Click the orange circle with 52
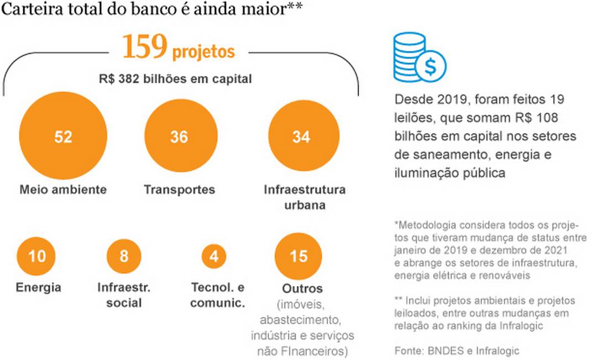(x=63, y=137)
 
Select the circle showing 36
(x=179, y=137)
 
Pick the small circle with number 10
(x=37, y=257)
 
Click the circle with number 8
(x=124, y=257)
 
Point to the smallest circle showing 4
(x=214, y=257)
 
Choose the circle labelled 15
(x=299, y=257)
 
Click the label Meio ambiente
(x=63, y=190)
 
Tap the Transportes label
(x=179, y=190)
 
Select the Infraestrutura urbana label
(x=304, y=197)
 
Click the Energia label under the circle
(x=38, y=288)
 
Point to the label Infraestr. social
(x=124, y=295)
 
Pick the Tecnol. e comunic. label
(x=218, y=295)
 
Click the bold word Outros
(x=302, y=289)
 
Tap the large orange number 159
(x=144, y=48)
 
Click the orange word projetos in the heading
(x=203, y=52)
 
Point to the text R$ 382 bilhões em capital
(x=176, y=79)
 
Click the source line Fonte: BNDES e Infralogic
(x=457, y=351)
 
